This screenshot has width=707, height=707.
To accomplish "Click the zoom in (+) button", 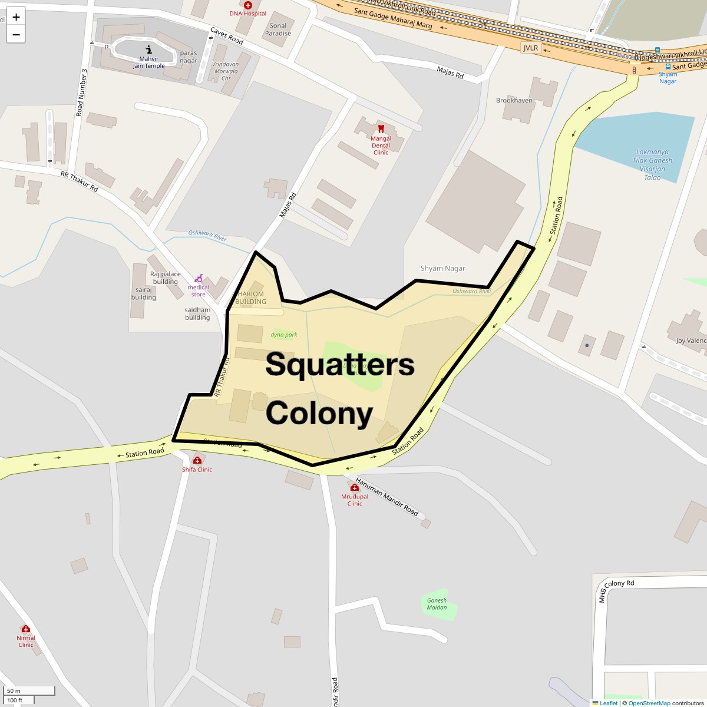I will (16, 17).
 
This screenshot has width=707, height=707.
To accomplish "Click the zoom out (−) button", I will (16, 34).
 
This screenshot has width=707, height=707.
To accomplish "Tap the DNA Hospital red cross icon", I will (248, 5).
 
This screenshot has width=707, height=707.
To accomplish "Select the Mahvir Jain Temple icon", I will (148, 49).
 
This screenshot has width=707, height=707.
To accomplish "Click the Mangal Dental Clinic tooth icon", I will (381, 128).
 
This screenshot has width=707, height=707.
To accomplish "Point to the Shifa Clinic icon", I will (197, 460).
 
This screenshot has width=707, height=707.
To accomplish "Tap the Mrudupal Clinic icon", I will (355, 488).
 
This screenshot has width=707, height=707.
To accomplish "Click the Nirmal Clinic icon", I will (25, 629).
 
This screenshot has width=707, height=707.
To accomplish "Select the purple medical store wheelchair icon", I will (199, 278).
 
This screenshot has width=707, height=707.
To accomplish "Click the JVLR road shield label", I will (531, 48).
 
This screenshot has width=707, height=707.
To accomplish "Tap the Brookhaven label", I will (514, 100).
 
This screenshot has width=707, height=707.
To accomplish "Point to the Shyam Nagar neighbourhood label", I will (442, 268).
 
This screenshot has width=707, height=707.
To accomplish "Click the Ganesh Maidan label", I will (437, 604).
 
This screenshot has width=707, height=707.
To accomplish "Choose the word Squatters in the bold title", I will (340, 365).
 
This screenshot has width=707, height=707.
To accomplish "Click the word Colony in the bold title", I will (319, 413).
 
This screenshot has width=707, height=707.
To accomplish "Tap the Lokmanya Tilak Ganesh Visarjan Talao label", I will (652, 164).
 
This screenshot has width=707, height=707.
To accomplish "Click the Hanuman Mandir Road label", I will (386, 496).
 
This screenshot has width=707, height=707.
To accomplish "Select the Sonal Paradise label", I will (278, 29).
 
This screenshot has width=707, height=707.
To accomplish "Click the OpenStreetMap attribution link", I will (649, 703).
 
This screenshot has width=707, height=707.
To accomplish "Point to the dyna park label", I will (284, 335).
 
